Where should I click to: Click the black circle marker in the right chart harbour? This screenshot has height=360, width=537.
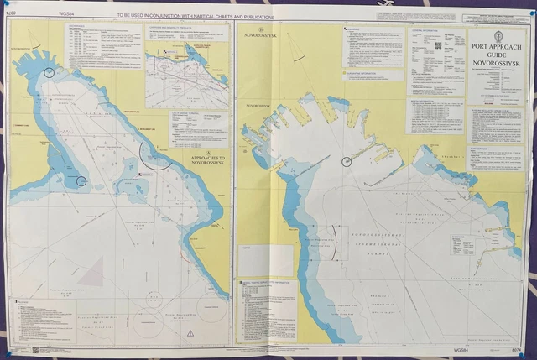pos(347,161)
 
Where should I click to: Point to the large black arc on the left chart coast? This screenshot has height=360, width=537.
pos(156,157)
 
